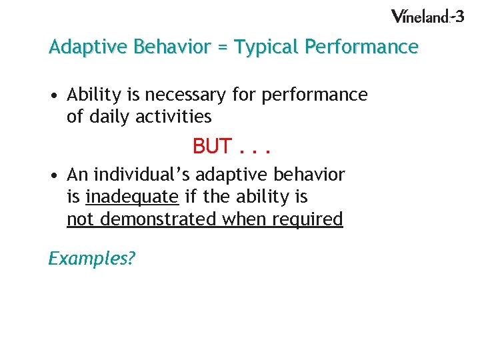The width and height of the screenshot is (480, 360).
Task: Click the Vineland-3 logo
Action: (x=427, y=16)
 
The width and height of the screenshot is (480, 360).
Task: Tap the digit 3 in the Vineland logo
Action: (x=459, y=15)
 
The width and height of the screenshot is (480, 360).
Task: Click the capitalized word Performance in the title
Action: (x=361, y=48)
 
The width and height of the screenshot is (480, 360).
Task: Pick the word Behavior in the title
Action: (x=165, y=48)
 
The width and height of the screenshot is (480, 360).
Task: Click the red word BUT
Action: (x=212, y=145)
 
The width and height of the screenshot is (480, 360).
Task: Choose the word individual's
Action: (x=139, y=175)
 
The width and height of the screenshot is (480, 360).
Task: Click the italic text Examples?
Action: (x=91, y=257)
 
